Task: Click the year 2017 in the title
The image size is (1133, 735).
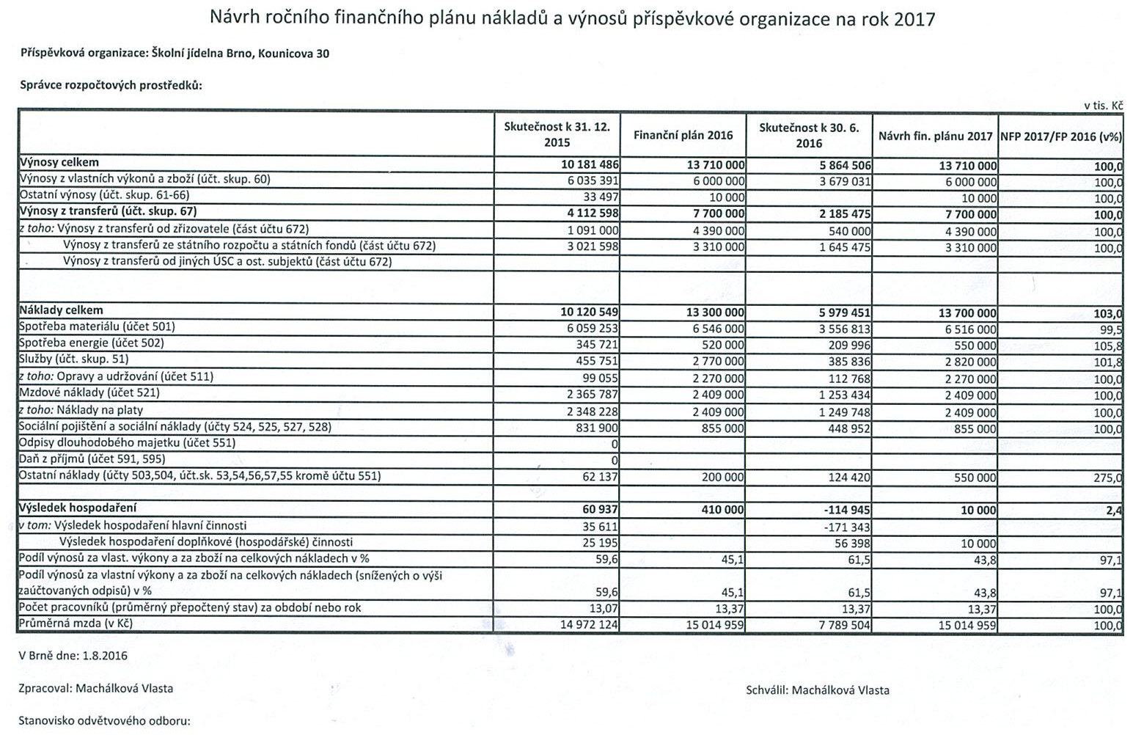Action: point(914,18)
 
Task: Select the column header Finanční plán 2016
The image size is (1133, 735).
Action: point(683,135)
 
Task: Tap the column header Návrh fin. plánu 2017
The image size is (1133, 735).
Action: point(935,136)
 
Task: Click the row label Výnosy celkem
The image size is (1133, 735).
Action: point(59,163)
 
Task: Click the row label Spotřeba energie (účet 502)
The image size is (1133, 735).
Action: point(91,343)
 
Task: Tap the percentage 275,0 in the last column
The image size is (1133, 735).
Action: point(1107,478)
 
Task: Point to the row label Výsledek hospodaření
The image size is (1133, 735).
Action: point(78,508)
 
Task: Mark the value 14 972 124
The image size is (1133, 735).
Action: point(588,625)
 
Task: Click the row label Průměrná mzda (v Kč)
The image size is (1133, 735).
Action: point(76,624)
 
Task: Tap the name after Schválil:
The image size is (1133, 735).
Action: point(840,690)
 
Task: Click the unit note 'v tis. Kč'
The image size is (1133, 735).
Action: point(1104,106)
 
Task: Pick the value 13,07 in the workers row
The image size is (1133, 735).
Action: point(604,608)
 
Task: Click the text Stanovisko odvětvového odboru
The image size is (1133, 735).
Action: point(104,720)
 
